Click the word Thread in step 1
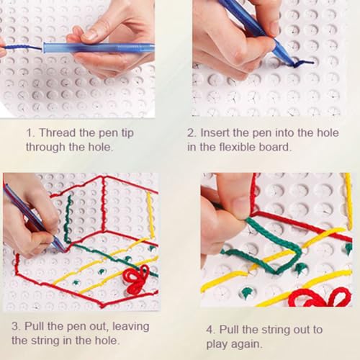57,133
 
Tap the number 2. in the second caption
192,133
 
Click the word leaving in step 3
131,327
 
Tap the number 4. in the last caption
211,330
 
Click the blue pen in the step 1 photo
99,48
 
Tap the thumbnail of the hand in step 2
274,27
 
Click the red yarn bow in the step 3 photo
135,279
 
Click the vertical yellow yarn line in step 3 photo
150,215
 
